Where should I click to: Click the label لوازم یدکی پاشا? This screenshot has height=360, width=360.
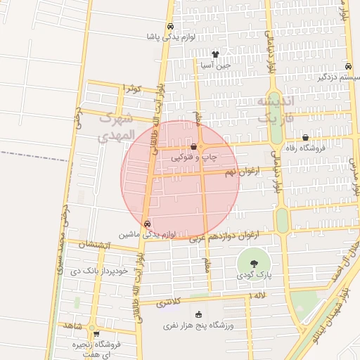click(x=169, y=37)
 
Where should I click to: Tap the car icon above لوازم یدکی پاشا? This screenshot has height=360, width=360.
click(x=170, y=27)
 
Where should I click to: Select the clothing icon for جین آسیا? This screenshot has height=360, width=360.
click(x=215, y=54)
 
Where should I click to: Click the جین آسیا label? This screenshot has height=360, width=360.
click(x=216, y=65)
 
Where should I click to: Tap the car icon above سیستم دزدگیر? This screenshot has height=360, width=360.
click(x=349, y=67)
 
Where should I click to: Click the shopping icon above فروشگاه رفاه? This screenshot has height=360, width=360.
click(x=305, y=137)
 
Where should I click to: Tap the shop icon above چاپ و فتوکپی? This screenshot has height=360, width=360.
click(x=194, y=147)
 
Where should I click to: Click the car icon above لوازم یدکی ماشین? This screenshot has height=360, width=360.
click(x=147, y=224)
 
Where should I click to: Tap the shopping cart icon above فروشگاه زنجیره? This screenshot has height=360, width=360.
click(x=96, y=334)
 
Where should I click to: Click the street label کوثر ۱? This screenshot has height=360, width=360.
click(x=132, y=89)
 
